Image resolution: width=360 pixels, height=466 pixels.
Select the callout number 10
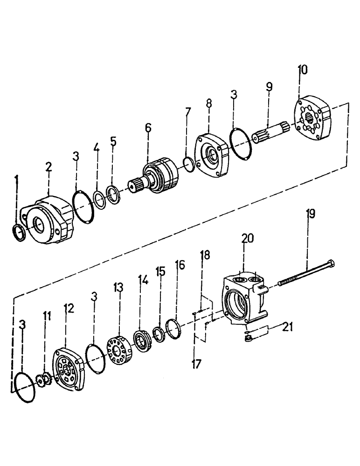coord(302,70)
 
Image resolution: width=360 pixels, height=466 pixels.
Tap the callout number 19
coord(310,214)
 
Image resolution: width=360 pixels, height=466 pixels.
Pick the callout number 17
coord(197,363)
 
